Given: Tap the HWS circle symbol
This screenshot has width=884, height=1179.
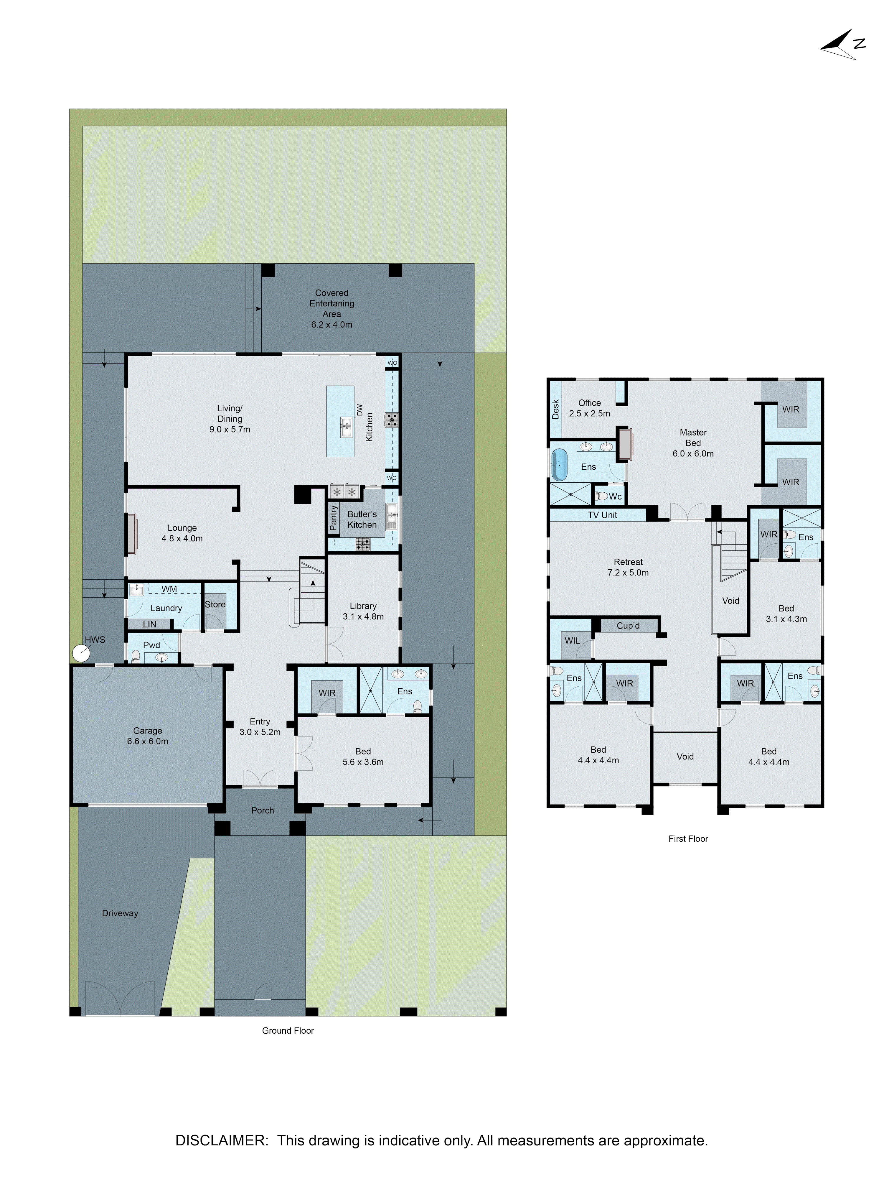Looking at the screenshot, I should [x=81, y=653].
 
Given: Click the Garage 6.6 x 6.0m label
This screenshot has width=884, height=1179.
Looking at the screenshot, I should [x=148, y=736].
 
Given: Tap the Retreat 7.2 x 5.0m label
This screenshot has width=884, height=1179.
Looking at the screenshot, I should [x=628, y=567].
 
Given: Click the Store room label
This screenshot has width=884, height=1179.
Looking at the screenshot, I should [x=215, y=604].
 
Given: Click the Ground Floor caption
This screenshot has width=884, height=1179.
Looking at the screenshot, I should [x=288, y=1030].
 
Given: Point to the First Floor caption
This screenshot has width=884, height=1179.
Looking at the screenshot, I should [x=688, y=838].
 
